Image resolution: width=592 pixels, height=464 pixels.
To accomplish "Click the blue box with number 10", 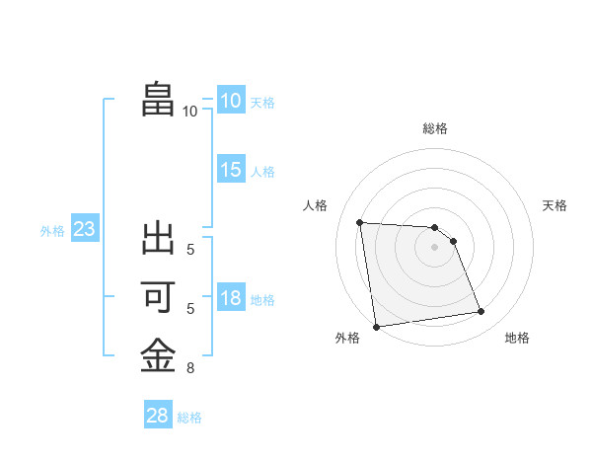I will click(x=230, y=101).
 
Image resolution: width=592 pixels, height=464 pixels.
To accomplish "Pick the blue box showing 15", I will click(x=230, y=170).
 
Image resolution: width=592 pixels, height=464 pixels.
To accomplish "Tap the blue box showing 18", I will click(x=230, y=298).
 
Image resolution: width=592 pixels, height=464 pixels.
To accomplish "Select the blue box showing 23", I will click(x=84, y=230).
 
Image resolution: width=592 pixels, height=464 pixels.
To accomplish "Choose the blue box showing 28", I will click(x=157, y=416).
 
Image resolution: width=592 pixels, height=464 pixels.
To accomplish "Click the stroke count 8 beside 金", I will click(x=190, y=369).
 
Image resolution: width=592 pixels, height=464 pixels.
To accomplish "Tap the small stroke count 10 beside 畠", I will click(x=189, y=112).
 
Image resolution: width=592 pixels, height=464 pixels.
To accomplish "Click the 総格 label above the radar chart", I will click(x=434, y=128).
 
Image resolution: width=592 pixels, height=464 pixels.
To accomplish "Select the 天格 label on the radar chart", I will click(x=555, y=205).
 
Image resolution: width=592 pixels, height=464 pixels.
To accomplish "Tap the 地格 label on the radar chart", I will click(x=517, y=338).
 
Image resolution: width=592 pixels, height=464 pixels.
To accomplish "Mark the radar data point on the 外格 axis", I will click(x=376, y=327).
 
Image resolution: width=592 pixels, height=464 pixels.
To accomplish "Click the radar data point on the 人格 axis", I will click(x=359, y=222).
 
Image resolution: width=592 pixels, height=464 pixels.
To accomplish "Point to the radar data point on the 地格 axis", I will click(x=481, y=312).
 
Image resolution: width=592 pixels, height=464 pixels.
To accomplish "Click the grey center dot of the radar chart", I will click(x=434, y=247).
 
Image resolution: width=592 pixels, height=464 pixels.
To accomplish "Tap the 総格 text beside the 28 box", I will click(x=189, y=418).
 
